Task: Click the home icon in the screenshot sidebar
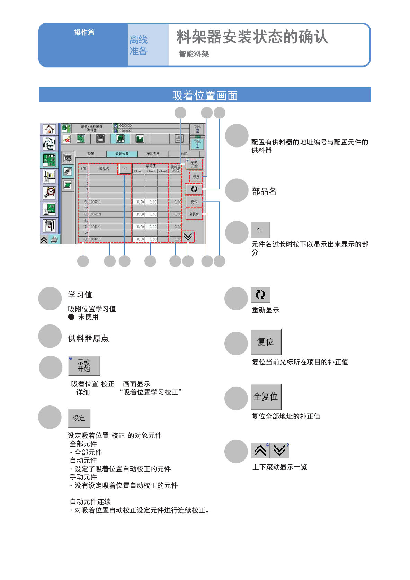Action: click(x=49, y=130)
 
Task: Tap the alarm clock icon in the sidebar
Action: click(x=49, y=193)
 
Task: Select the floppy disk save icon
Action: click(x=100, y=139)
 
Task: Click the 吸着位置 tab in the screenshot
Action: click(x=122, y=154)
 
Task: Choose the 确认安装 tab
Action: click(x=153, y=154)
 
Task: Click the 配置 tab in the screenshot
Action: click(x=91, y=154)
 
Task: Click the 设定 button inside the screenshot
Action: click(x=196, y=177)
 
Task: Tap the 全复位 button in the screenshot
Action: click(x=194, y=214)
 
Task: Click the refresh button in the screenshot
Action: click(x=194, y=189)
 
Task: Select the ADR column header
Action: click(x=83, y=169)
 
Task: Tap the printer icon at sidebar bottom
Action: click(x=54, y=239)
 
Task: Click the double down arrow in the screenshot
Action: click(x=188, y=237)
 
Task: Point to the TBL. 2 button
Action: click(x=197, y=129)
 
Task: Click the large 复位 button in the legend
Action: click(x=266, y=342)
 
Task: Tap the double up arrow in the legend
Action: click(x=260, y=450)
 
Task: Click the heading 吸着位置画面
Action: click(x=205, y=95)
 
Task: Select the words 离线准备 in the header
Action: click(x=139, y=45)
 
